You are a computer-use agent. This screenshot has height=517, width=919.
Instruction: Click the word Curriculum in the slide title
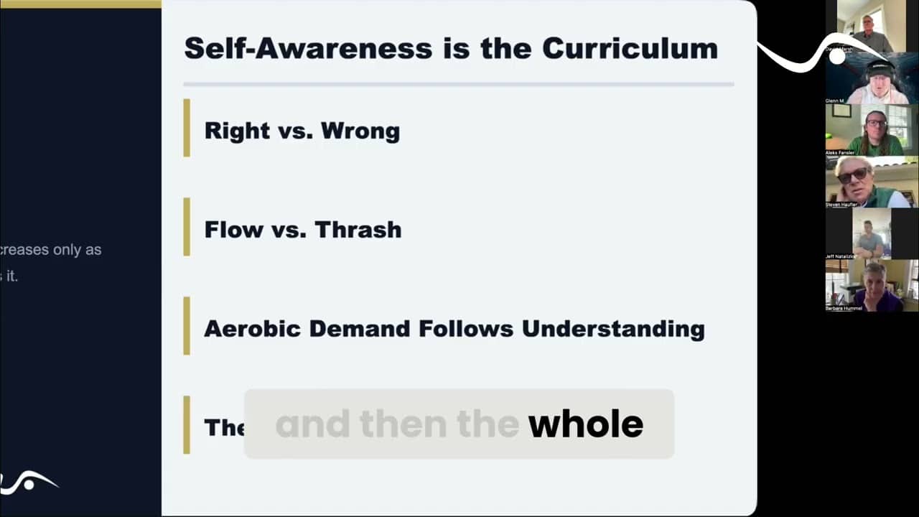click(630, 48)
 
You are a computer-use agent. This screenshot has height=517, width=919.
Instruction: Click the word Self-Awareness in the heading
click(308, 48)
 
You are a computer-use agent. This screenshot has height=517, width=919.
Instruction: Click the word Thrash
click(358, 230)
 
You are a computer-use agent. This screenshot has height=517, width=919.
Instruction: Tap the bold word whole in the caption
click(585, 424)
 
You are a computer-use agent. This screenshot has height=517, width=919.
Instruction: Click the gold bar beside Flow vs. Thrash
click(187, 227)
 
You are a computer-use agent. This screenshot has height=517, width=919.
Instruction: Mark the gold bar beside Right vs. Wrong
click(187, 128)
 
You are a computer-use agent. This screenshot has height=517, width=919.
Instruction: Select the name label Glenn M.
click(835, 101)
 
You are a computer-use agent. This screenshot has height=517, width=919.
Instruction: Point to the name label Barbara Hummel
click(844, 308)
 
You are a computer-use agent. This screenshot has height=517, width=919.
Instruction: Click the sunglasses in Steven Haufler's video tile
click(852, 174)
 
